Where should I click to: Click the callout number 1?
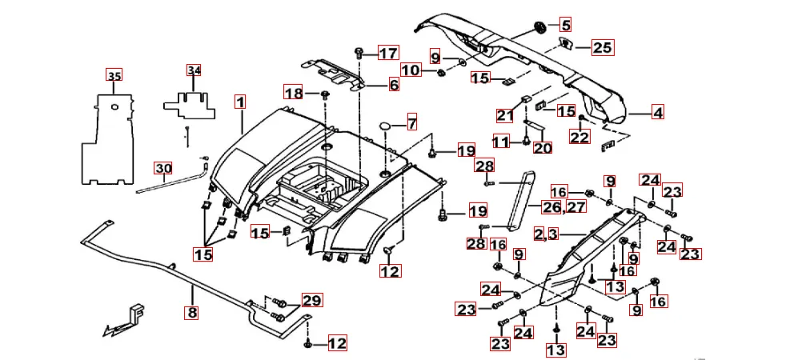point(240,102)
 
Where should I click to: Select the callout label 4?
point(657,114)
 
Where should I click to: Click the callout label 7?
point(411,124)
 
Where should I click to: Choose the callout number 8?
point(191,313)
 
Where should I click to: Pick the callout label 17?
point(387,54)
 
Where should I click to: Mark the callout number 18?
point(295,94)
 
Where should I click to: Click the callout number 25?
point(601,48)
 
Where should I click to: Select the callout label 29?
point(312,302)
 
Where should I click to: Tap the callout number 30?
point(163,169)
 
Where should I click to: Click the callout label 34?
point(194,70)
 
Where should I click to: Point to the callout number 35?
point(114,76)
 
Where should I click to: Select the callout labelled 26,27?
point(564,207)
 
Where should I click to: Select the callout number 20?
point(543,148)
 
